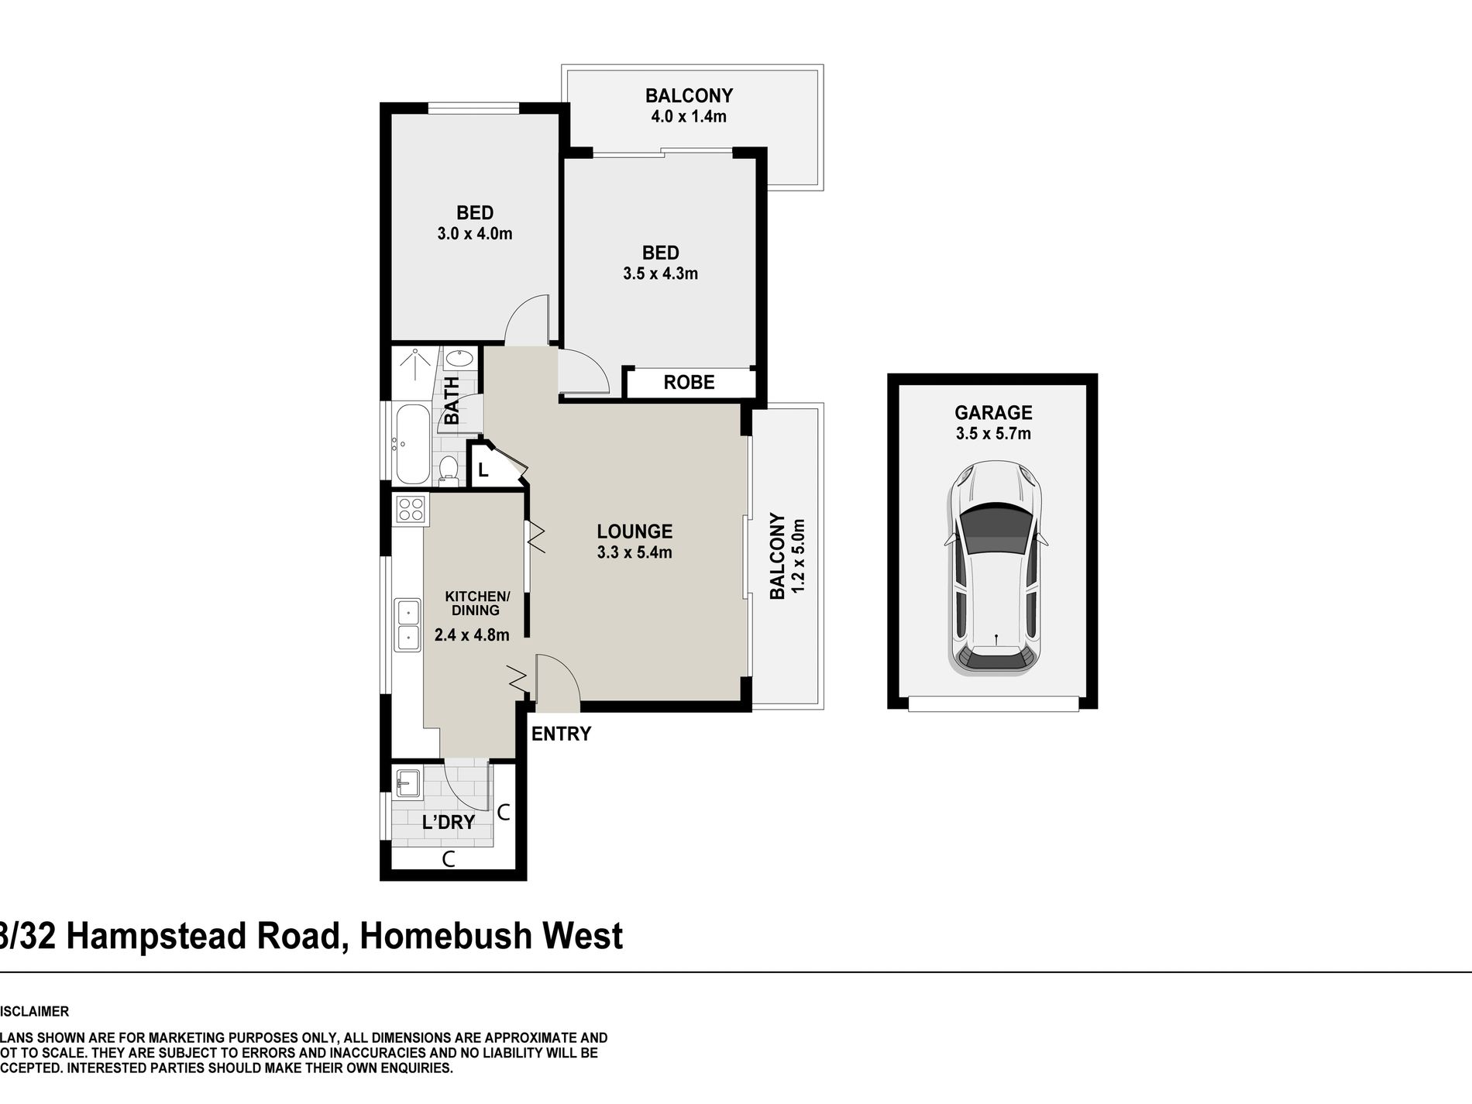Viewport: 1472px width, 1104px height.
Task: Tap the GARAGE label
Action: (993, 413)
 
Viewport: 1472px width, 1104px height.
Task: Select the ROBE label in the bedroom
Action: (689, 382)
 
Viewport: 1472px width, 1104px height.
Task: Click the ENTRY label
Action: (561, 734)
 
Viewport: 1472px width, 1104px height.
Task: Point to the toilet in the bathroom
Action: (448, 468)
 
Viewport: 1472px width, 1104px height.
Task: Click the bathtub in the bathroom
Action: (410, 443)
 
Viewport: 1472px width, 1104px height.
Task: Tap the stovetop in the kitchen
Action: (411, 509)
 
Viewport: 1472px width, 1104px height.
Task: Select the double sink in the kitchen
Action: (407, 624)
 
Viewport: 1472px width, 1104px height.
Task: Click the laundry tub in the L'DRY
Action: (407, 782)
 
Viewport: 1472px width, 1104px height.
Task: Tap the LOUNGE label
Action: (634, 531)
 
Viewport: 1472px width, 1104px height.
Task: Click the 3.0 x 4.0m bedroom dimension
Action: (475, 233)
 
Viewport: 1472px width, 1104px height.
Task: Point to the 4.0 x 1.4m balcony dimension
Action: (689, 117)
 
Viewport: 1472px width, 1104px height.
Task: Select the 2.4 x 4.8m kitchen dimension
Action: (472, 635)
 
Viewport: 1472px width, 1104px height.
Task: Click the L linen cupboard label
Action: (483, 470)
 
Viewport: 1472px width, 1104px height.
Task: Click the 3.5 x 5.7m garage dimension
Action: (993, 434)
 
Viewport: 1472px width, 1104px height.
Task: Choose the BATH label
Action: (452, 400)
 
